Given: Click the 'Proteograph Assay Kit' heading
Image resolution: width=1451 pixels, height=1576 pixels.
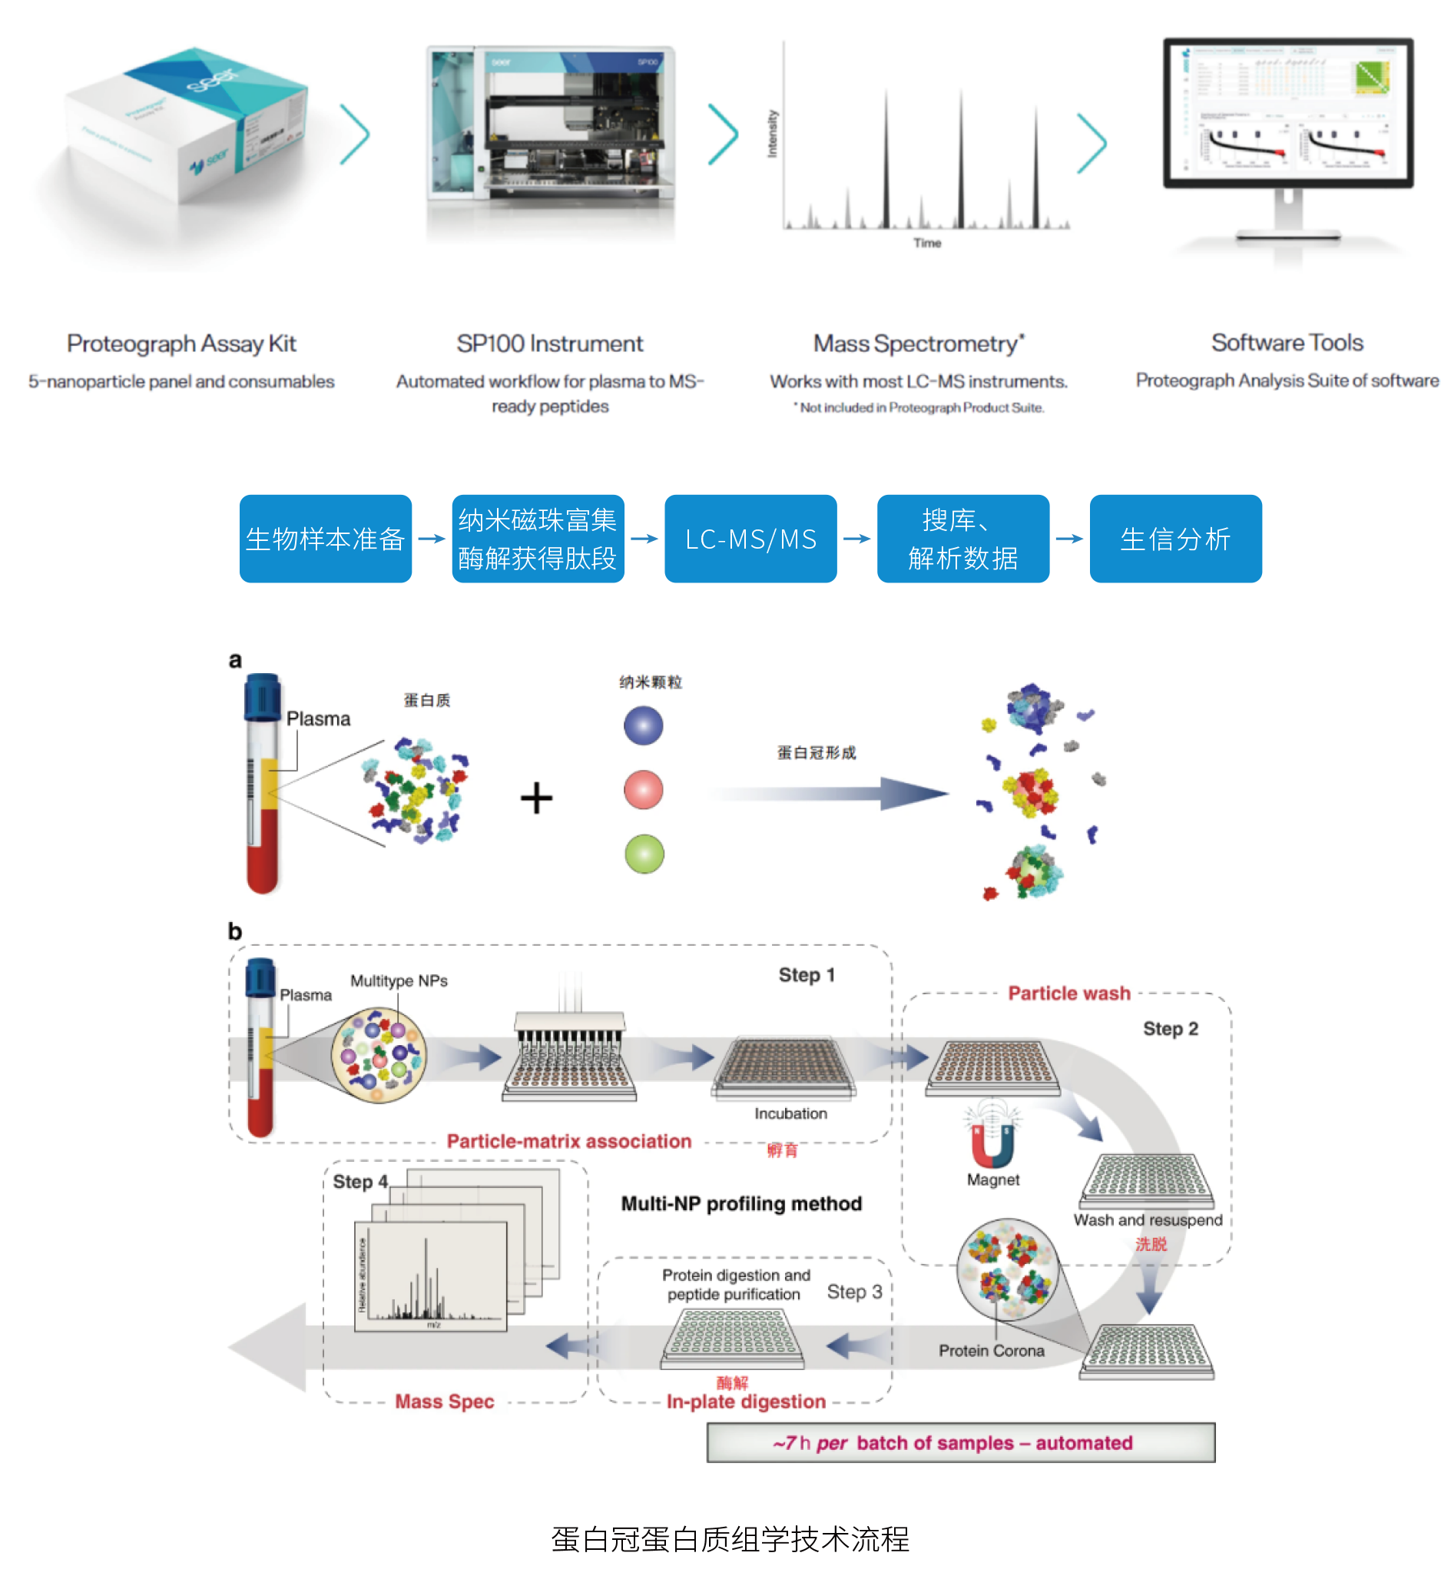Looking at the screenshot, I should point(181,343).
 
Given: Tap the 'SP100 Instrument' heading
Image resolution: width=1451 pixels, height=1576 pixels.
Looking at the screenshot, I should point(550,343).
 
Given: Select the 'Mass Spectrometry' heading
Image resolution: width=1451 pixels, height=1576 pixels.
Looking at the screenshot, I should point(917,343).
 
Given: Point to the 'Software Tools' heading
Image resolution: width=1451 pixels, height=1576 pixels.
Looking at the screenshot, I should point(1287,343).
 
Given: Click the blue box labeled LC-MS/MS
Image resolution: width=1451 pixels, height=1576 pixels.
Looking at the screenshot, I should point(750,539).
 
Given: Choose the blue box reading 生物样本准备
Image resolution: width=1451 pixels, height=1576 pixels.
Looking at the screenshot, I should point(325,539).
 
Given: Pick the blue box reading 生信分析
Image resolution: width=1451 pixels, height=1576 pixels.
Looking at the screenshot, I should point(1175,539).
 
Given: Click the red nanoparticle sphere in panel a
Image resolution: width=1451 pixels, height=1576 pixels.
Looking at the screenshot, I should point(643,789).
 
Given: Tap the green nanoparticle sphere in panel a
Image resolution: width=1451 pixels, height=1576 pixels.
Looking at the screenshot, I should point(644,854).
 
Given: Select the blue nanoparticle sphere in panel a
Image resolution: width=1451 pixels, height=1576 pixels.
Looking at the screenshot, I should point(643,725).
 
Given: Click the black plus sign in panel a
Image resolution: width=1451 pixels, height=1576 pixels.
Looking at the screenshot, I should point(536,798).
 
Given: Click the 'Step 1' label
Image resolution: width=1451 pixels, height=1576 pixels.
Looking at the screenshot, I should point(807,974).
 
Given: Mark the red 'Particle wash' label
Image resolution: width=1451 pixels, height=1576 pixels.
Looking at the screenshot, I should point(1068,994).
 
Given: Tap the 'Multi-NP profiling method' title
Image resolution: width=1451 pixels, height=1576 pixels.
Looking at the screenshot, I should point(741,1204).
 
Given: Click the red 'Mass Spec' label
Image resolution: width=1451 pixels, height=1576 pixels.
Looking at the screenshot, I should point(445,1402).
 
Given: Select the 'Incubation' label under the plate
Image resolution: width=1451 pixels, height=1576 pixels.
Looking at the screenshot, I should point(790,1113).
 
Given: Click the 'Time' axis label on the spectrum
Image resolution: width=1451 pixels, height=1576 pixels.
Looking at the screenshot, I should point(926,244).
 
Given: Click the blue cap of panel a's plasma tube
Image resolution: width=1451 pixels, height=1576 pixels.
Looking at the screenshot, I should point(262,696).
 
